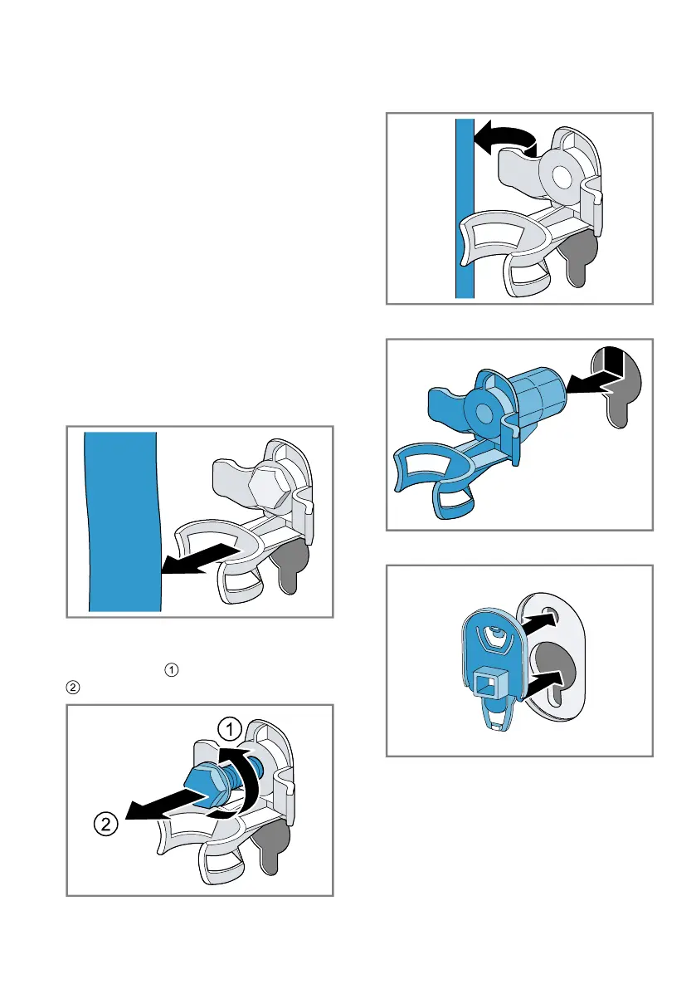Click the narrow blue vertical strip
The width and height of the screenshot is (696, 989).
pyautogui.click(x=464, y=208)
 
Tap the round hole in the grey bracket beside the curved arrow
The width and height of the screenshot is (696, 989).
pyautogui.click(x=561, y=176)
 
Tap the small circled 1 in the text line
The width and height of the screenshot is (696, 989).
pyautogui.click(x=171, y=668)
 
